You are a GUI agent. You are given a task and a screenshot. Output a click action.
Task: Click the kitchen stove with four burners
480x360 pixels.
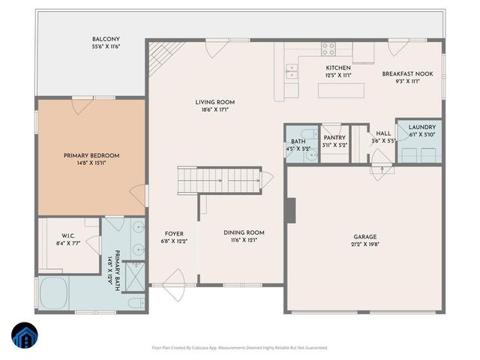pyautogui.click(x=328, y=49)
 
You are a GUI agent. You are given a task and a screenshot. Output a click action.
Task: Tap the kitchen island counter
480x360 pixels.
pyautogui.click(x=341, y=91)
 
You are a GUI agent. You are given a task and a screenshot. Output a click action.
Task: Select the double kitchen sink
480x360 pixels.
pyautogui.click(x=290, y=72)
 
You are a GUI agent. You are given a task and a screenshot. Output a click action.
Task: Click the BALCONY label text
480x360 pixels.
pyautogui.click(x=106, y=39)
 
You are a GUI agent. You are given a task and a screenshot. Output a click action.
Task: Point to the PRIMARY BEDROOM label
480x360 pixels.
pyautogui.click(x=91, y=155)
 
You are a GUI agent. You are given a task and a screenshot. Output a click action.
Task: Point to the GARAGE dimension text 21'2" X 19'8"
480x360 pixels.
pyautogui.click(x=365, y=244)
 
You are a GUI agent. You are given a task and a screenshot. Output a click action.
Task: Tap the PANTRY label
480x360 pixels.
pyautogui.click(x=333, y=137)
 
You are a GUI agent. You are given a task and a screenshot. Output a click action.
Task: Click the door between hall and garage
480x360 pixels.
pyautogui.click(x=382, y=165)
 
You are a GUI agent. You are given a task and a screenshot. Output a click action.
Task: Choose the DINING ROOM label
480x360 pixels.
pyautogui.click(x=244, y=232)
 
